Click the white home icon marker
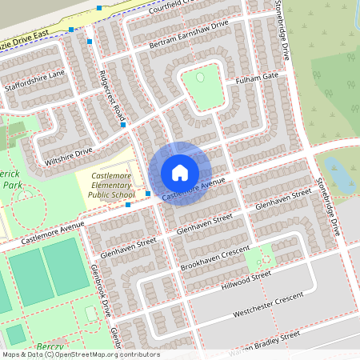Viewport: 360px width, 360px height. point(180,173)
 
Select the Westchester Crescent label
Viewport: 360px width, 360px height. point(268,304)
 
